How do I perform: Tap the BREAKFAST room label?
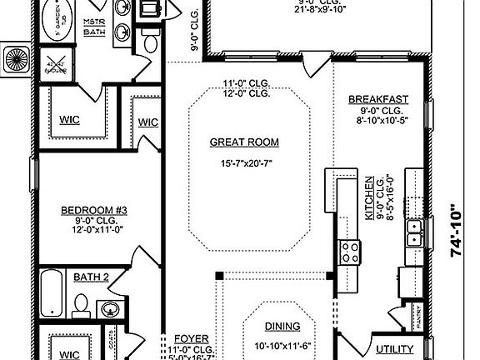(377, 99)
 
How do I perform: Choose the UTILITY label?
(395, 349)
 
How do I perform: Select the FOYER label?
(186, 339)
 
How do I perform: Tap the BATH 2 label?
(92, 277)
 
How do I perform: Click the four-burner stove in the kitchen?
(348, 250)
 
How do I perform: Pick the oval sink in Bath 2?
(110, 310)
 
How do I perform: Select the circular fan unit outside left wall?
(14, 59)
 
